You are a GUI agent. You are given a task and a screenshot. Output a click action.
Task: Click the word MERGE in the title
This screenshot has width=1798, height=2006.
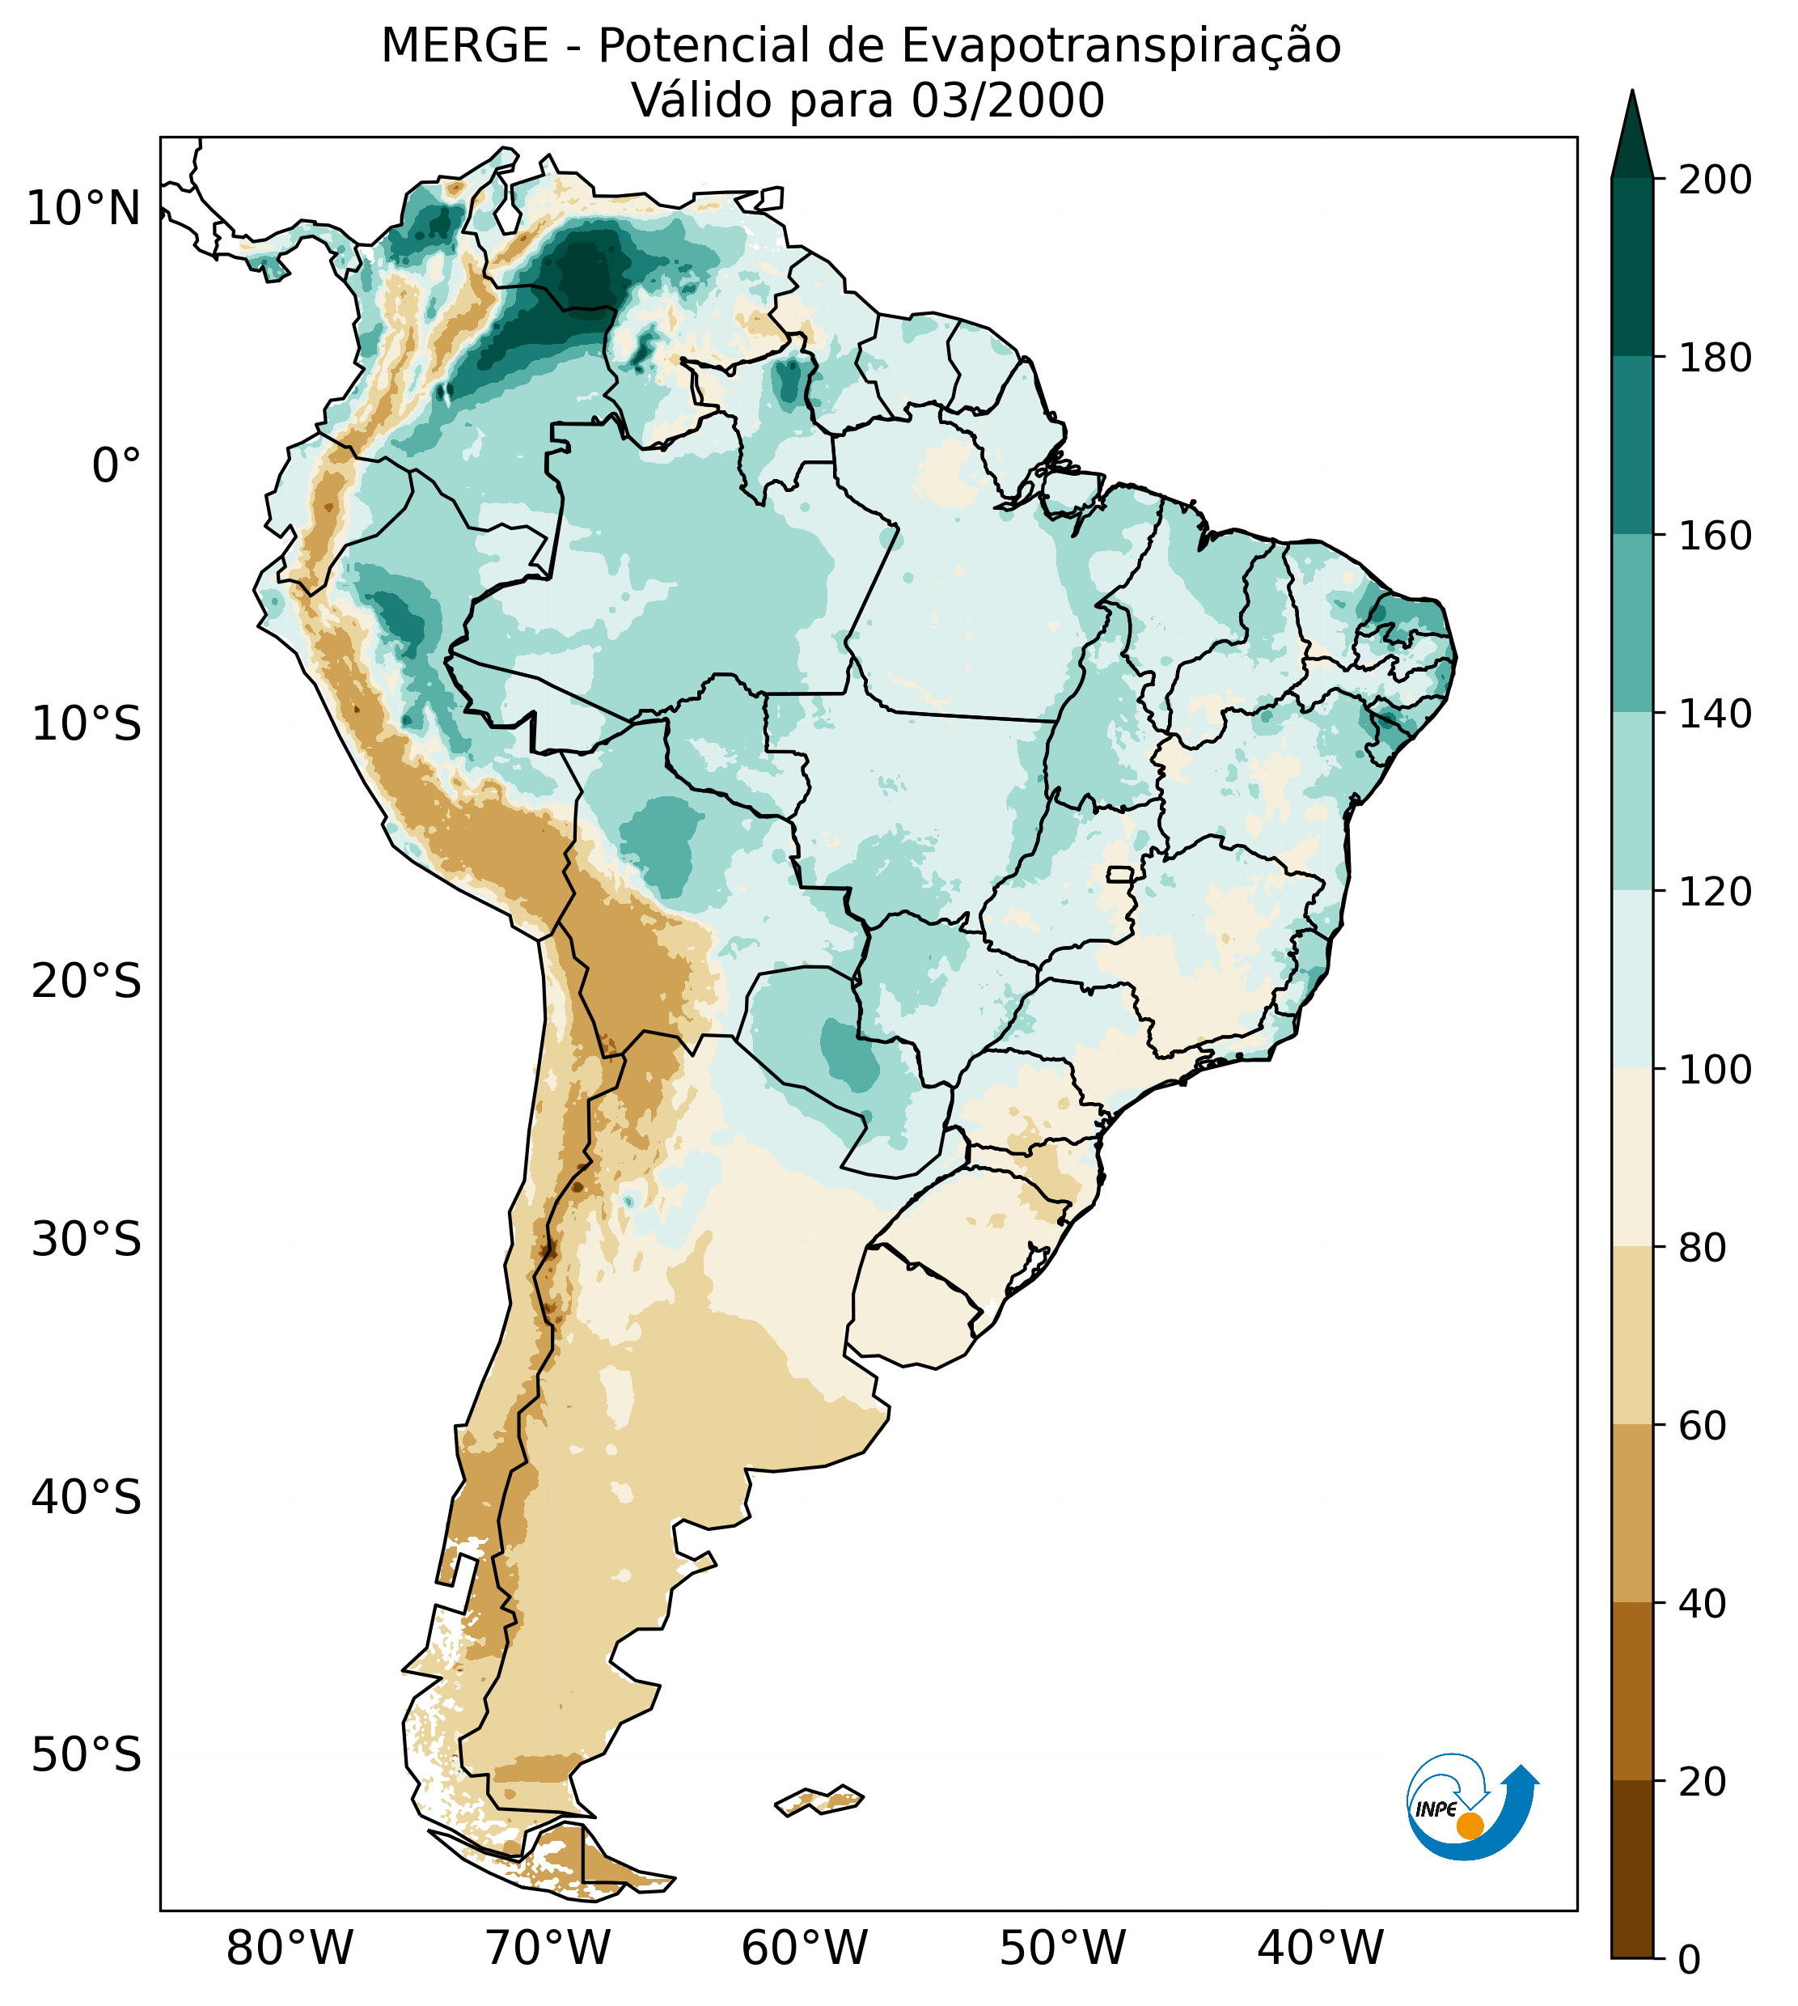click(464, 46)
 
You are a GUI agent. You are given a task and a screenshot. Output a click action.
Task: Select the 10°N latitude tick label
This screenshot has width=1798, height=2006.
click(83, 209)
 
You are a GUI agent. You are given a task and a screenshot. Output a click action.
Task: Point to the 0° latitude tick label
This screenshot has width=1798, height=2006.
click(116, 466)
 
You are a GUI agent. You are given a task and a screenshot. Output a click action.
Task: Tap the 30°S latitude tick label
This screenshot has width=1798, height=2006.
click(87, 1240)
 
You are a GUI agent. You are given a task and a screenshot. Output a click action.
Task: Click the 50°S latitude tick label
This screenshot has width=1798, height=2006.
click(87, 1756)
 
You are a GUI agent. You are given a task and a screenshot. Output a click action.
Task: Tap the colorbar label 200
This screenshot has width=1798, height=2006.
click(1716, 180)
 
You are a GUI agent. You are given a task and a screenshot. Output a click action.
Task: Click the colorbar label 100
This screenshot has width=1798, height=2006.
click(1716, 1069)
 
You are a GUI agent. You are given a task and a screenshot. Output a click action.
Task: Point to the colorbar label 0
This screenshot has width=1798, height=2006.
click(1690, 1961)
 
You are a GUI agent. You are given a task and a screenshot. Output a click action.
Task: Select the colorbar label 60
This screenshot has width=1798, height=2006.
click(1703, 1426)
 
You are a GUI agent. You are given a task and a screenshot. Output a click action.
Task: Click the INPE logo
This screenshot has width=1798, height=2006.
click(1472, 1810)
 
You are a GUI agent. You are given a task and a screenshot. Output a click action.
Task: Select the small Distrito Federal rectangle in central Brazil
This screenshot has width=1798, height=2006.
click(1120, 875)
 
